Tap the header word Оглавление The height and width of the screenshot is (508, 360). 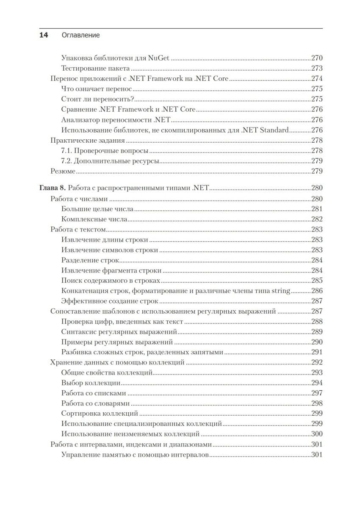[80, 35]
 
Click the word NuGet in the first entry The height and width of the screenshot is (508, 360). [159, 58]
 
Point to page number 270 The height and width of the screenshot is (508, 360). [317, 58]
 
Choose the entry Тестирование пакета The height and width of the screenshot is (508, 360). [95, 68]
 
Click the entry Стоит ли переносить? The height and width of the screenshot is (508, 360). [97, 99]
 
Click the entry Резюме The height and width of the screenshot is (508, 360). [63, 171]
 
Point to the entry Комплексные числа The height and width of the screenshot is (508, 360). [94, 219]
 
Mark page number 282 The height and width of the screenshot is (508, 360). [317, 219]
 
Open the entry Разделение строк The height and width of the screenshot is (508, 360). [90, 260]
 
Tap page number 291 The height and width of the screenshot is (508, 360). [317, 352]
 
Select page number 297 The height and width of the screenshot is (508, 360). [317, 393]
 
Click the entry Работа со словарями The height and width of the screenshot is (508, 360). [95, 403]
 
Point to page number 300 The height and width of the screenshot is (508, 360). [317, 433]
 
